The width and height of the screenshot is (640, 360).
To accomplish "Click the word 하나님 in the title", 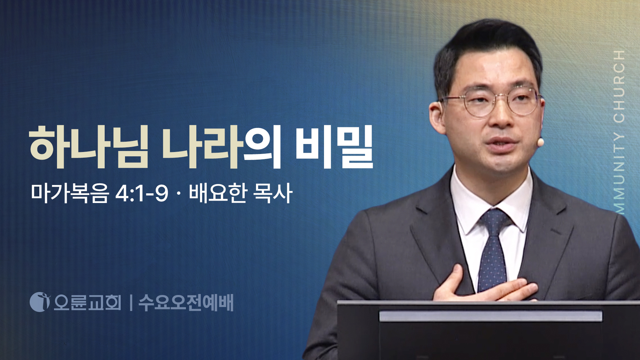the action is click(x=89, y=147).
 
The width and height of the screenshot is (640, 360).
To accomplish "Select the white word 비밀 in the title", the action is click(x=334, y=147).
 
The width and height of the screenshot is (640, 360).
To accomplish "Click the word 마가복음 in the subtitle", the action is click(x=70, y=193).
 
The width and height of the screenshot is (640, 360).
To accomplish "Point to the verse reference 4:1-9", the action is click(x=142, y=193).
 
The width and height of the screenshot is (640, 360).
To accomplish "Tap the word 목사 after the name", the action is click(x=273, y=193).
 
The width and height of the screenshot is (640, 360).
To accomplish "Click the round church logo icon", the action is click(x=40, y=302).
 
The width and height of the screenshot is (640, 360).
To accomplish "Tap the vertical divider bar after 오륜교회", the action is click(x=131, y=303).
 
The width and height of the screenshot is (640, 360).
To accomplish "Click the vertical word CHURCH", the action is click(x=619, y=86).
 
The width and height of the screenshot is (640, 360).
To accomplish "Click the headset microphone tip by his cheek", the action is click(x=540, y=142).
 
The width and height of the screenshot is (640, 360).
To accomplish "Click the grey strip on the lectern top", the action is click(x=491, y=316).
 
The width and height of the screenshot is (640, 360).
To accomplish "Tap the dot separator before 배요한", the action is click(x=179, y=194).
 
